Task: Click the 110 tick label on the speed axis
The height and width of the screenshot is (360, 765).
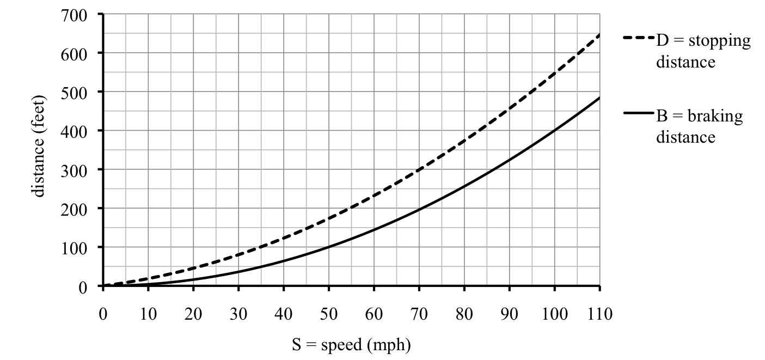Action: pyautogui.click(x=599, y=314)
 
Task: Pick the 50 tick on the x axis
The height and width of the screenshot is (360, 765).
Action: pyautogui.click(x=329, y=314)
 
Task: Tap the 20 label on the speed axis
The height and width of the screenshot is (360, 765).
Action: pyautogui.click(x=193, y=314)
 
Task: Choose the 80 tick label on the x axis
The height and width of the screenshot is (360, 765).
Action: pyautogui.click(x=464, y=314)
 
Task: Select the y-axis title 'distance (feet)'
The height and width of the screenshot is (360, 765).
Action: pyautogui.click(x=39, y=150)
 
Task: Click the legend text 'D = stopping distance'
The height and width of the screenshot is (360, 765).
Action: pyautogui.click(x=702, y=51)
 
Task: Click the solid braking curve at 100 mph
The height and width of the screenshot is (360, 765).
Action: pyautogui.click(x=554, y=131)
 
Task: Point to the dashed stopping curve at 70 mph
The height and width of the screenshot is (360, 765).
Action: pyautogui.click(x=419, y=170)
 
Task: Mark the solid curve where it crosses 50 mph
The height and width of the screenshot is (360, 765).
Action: pyautogui.click(x=329, y=247)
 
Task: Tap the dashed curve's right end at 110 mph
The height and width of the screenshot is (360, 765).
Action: pyautogui.click(x=599, y=35)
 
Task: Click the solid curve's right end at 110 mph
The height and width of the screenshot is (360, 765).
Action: pyautogui.click(x=599, y=98)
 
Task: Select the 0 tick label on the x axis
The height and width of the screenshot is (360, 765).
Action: pyautogui.click(x=103, y=314)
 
